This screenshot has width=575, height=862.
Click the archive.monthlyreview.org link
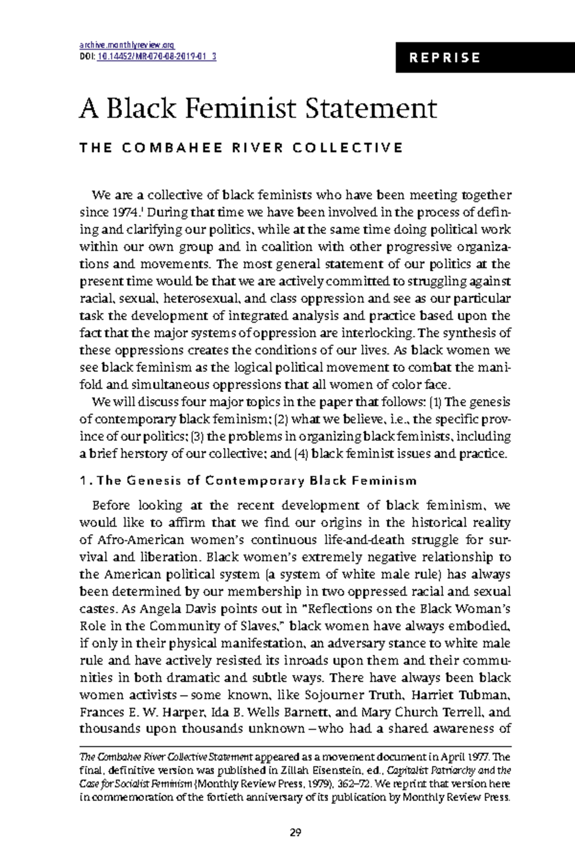coord(127,45)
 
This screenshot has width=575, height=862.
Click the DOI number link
coord(157,57)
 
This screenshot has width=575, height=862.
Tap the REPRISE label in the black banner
coord(445,58)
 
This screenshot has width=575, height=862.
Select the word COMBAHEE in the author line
coord(172,147)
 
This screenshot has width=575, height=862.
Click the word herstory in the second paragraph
coord(144,454)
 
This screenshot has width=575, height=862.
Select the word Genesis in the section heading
coord(154,480)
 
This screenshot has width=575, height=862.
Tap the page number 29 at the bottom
coord(295,832)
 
